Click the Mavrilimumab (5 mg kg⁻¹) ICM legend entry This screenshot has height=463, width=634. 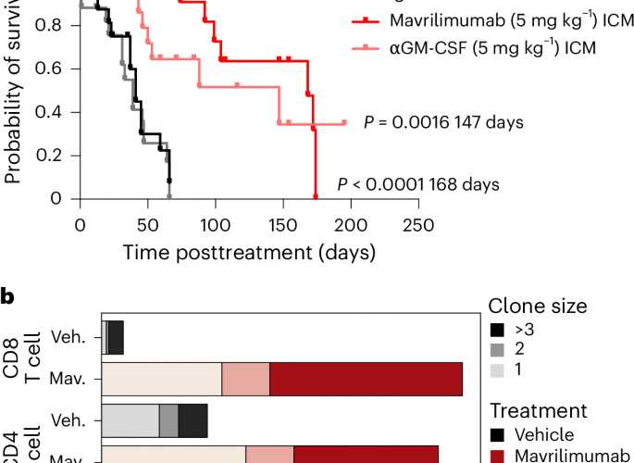click(x=474, y=18)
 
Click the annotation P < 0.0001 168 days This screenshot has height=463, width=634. click(x=418, y=184)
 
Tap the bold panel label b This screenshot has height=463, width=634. click(x=7, y=297)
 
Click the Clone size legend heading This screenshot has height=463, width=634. click(x=538, y=307)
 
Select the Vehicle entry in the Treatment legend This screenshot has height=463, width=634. click(x=538, y=434)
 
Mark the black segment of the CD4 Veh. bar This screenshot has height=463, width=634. click(x=193, y=420)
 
